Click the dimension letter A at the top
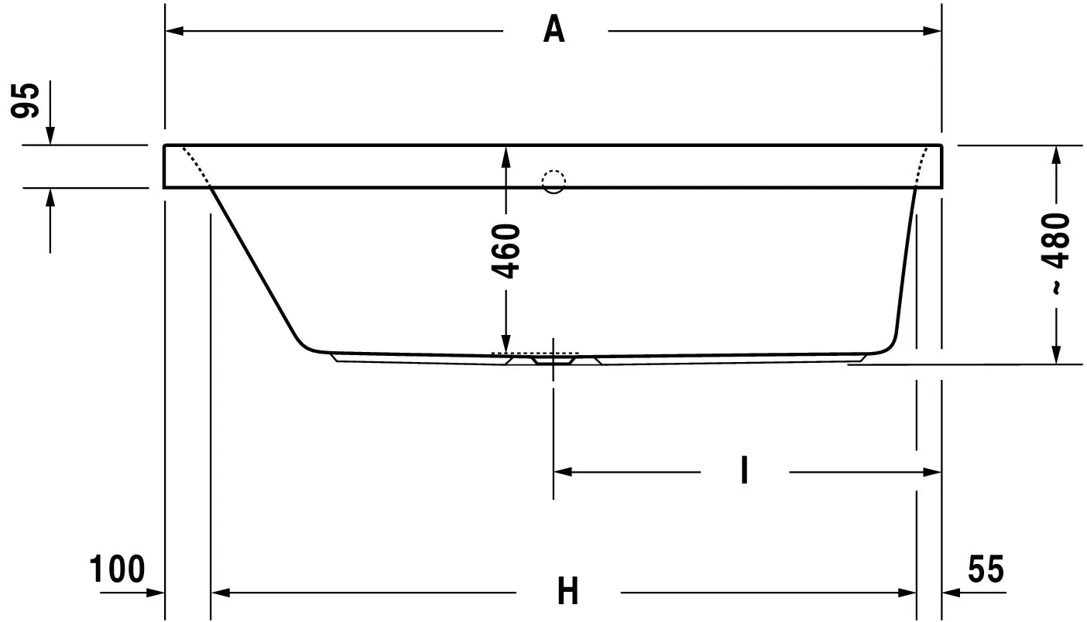point(554,29)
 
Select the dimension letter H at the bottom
point(568,590)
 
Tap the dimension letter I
point(744,470)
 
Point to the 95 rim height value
point(26,101)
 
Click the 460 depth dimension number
point(506,251)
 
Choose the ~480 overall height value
point(1055,254)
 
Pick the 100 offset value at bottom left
point(117,569)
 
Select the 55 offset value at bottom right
point(986,569)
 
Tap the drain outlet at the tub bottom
point(554,361)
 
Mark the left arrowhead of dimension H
point(221,593)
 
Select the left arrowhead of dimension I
point(563,472)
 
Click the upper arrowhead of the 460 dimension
point(506,155)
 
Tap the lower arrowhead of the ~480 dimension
point(1056,354)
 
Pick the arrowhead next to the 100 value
point(156,593)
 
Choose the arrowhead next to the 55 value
point(951,593)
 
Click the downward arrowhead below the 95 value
point(50,135)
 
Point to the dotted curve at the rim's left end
point(195,165)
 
